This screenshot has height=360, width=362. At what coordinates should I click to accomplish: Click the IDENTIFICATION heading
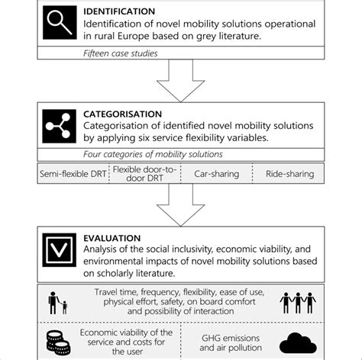tap(121, 11)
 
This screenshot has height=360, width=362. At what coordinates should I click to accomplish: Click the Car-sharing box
tap(215, 174)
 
